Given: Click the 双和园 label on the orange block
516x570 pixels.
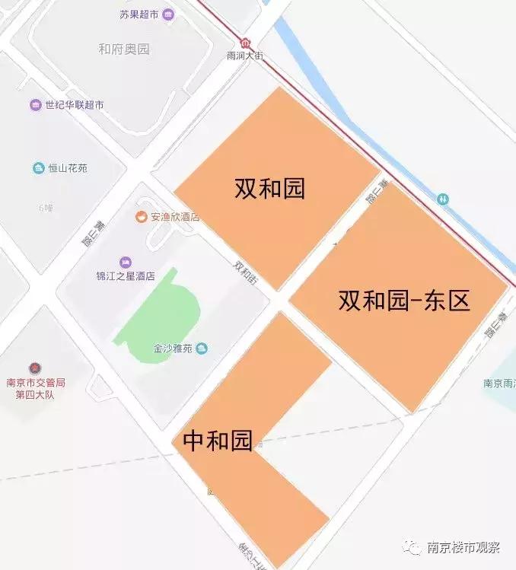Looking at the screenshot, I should click(269, 187).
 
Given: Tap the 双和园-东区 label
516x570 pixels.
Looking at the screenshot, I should click(403, 301).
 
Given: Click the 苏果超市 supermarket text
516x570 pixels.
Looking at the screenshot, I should click(140, 14).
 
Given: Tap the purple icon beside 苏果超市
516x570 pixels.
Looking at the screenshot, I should click(168, 14).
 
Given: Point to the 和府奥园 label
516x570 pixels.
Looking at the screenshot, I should click(123, 49).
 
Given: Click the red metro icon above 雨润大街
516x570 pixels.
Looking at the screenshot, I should click(245, 43).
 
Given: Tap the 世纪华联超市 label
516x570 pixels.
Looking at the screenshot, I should click(74, 105).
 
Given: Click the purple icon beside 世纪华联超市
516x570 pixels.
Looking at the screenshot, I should click(35, 105).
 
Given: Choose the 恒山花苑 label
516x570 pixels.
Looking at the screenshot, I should click(68, 167).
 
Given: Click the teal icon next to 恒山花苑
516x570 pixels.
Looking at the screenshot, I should click(38, 167).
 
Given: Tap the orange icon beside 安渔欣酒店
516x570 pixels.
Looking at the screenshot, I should click(141, 217).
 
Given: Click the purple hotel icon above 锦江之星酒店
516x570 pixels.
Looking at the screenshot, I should click(126, 262).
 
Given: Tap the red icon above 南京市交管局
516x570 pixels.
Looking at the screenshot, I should click(35, 369).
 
